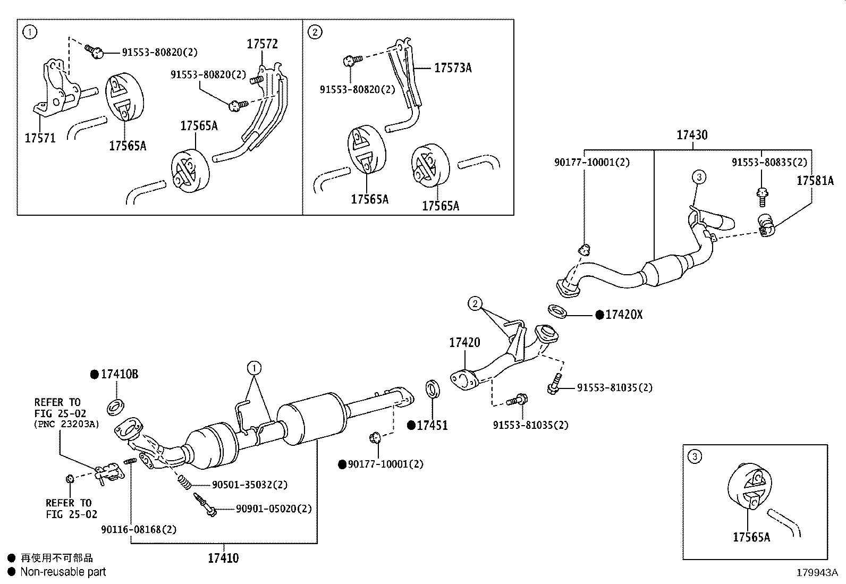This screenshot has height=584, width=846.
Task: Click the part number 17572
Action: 262,44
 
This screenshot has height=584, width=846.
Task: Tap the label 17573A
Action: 453,68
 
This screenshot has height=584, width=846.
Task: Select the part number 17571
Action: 40,138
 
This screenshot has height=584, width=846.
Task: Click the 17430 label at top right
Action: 692,135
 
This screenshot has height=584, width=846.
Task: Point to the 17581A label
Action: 815,181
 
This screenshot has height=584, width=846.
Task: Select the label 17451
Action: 432,425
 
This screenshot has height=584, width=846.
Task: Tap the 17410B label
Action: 119,374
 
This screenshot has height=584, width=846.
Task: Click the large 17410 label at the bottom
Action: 223,558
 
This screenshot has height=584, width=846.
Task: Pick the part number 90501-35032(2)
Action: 250,485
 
